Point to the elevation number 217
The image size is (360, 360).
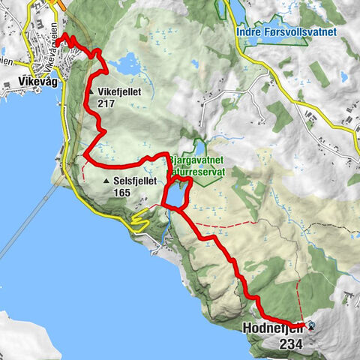pos(106,103)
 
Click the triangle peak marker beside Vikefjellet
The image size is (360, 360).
pos(91,92)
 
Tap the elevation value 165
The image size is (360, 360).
pos(122,193)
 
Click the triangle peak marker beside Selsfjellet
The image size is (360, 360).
pos(106,181)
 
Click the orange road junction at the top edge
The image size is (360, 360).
pos(55,4)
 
